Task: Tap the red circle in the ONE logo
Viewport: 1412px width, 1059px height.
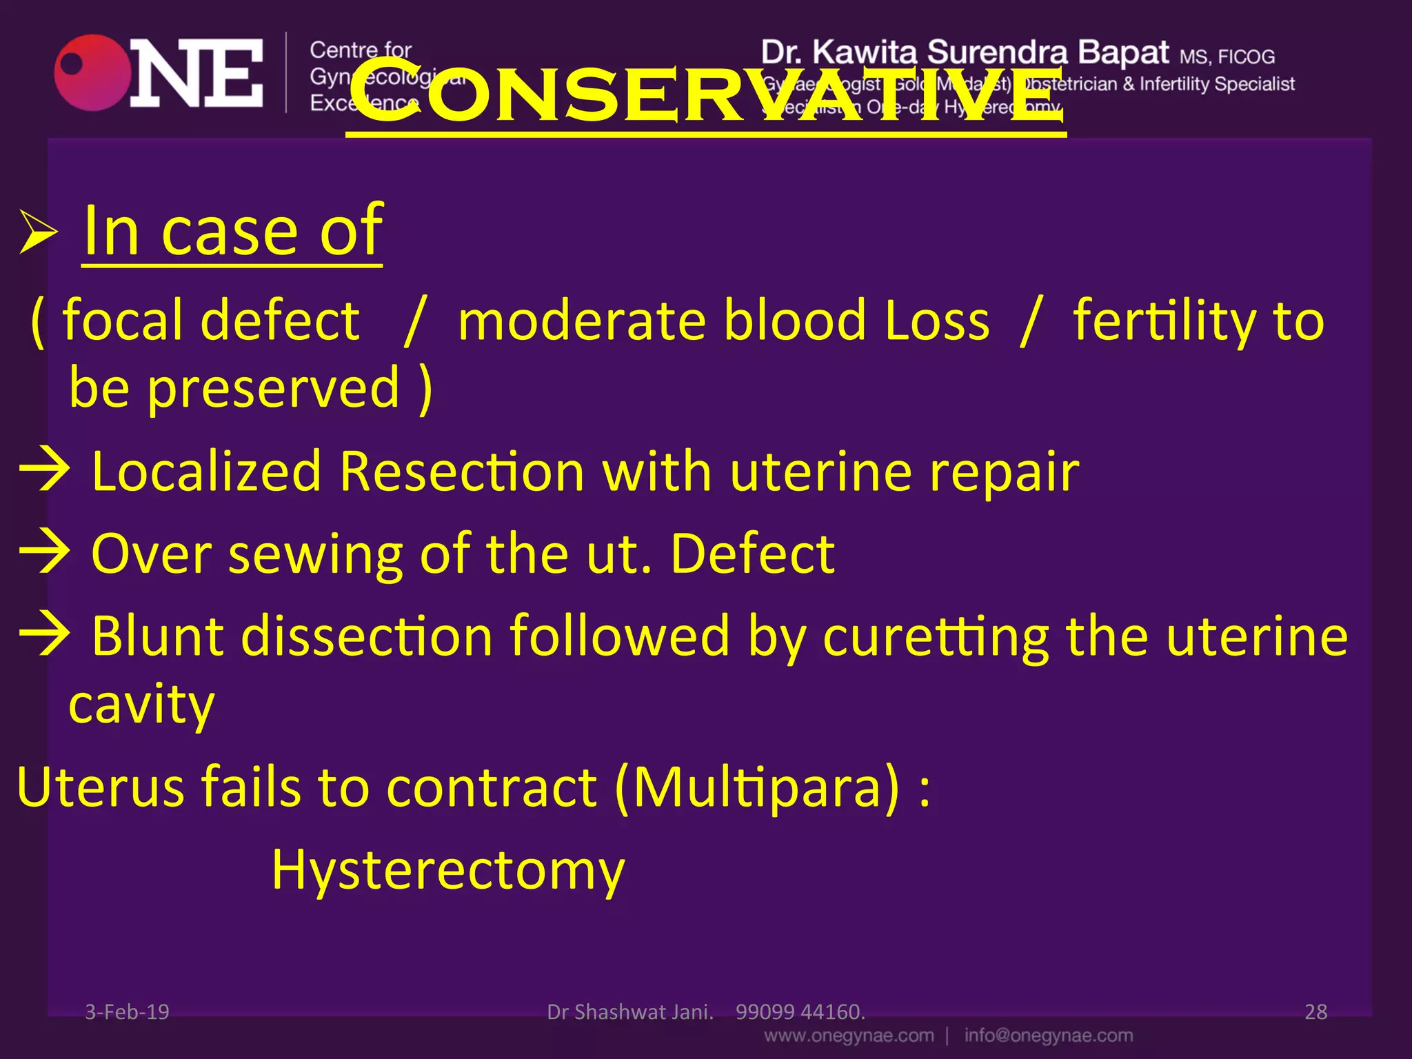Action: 92,73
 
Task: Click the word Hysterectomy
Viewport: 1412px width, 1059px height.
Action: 448,871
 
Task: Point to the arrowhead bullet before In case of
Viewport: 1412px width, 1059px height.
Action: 38,232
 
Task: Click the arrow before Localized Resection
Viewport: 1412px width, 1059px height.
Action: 45,472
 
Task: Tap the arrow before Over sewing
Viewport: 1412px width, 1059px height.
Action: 45,554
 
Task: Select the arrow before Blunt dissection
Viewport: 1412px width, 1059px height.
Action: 45,635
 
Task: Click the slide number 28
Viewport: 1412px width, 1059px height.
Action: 1315,1011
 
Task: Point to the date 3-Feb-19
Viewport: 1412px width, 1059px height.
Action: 127,1011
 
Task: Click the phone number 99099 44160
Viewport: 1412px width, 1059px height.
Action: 800,1011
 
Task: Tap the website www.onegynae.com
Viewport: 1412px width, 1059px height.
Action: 849,1036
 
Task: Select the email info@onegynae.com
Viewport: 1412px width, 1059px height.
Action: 1048,1036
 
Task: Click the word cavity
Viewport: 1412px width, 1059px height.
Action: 141,705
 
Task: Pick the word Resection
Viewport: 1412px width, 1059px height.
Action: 462,472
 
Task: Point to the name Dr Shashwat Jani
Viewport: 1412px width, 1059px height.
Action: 629,1011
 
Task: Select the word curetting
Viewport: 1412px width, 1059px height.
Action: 936,636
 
